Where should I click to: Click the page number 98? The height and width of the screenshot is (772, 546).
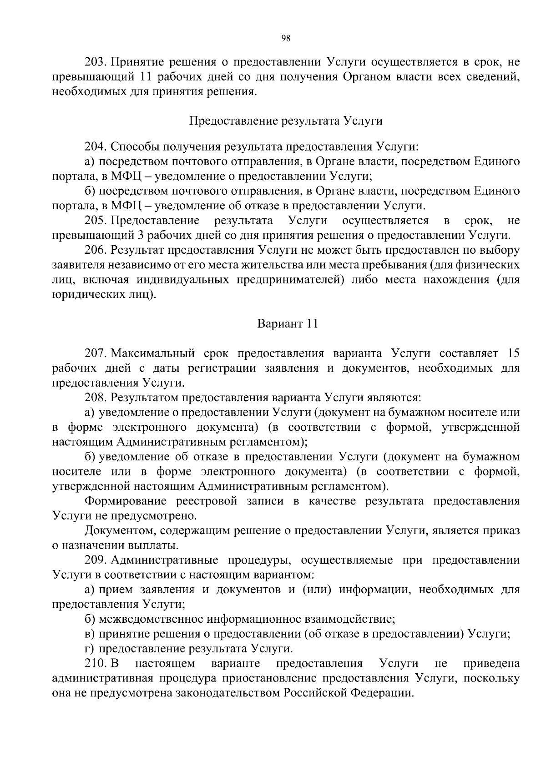pyautogui.click(x=286, y=38)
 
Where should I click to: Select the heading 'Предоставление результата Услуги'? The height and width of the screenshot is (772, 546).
pyautogui.click(x=286, y=121)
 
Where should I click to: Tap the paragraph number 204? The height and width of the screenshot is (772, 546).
pyautogui.click(x=95, y=147)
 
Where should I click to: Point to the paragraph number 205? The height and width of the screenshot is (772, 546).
pyautogui.click(x=95, y=221)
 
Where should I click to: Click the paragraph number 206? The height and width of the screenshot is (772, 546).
pyautogui.click(x=95, y=250)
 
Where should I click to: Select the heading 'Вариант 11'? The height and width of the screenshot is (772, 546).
pyautogui.click(x=287, y=324)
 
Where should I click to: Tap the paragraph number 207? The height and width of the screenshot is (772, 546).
pyautogui.click(x=95, y=353)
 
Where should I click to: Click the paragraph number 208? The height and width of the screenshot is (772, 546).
pyautogui.click(x=95, y=398)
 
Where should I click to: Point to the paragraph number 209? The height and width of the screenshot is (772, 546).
pyautogui.click(x=95, y=560)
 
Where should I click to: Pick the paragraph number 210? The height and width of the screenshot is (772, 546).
pyautogui.click(x=95, y=663)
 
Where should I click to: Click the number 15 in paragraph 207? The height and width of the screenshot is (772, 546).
pyautogui.click(x=512, y=353)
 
